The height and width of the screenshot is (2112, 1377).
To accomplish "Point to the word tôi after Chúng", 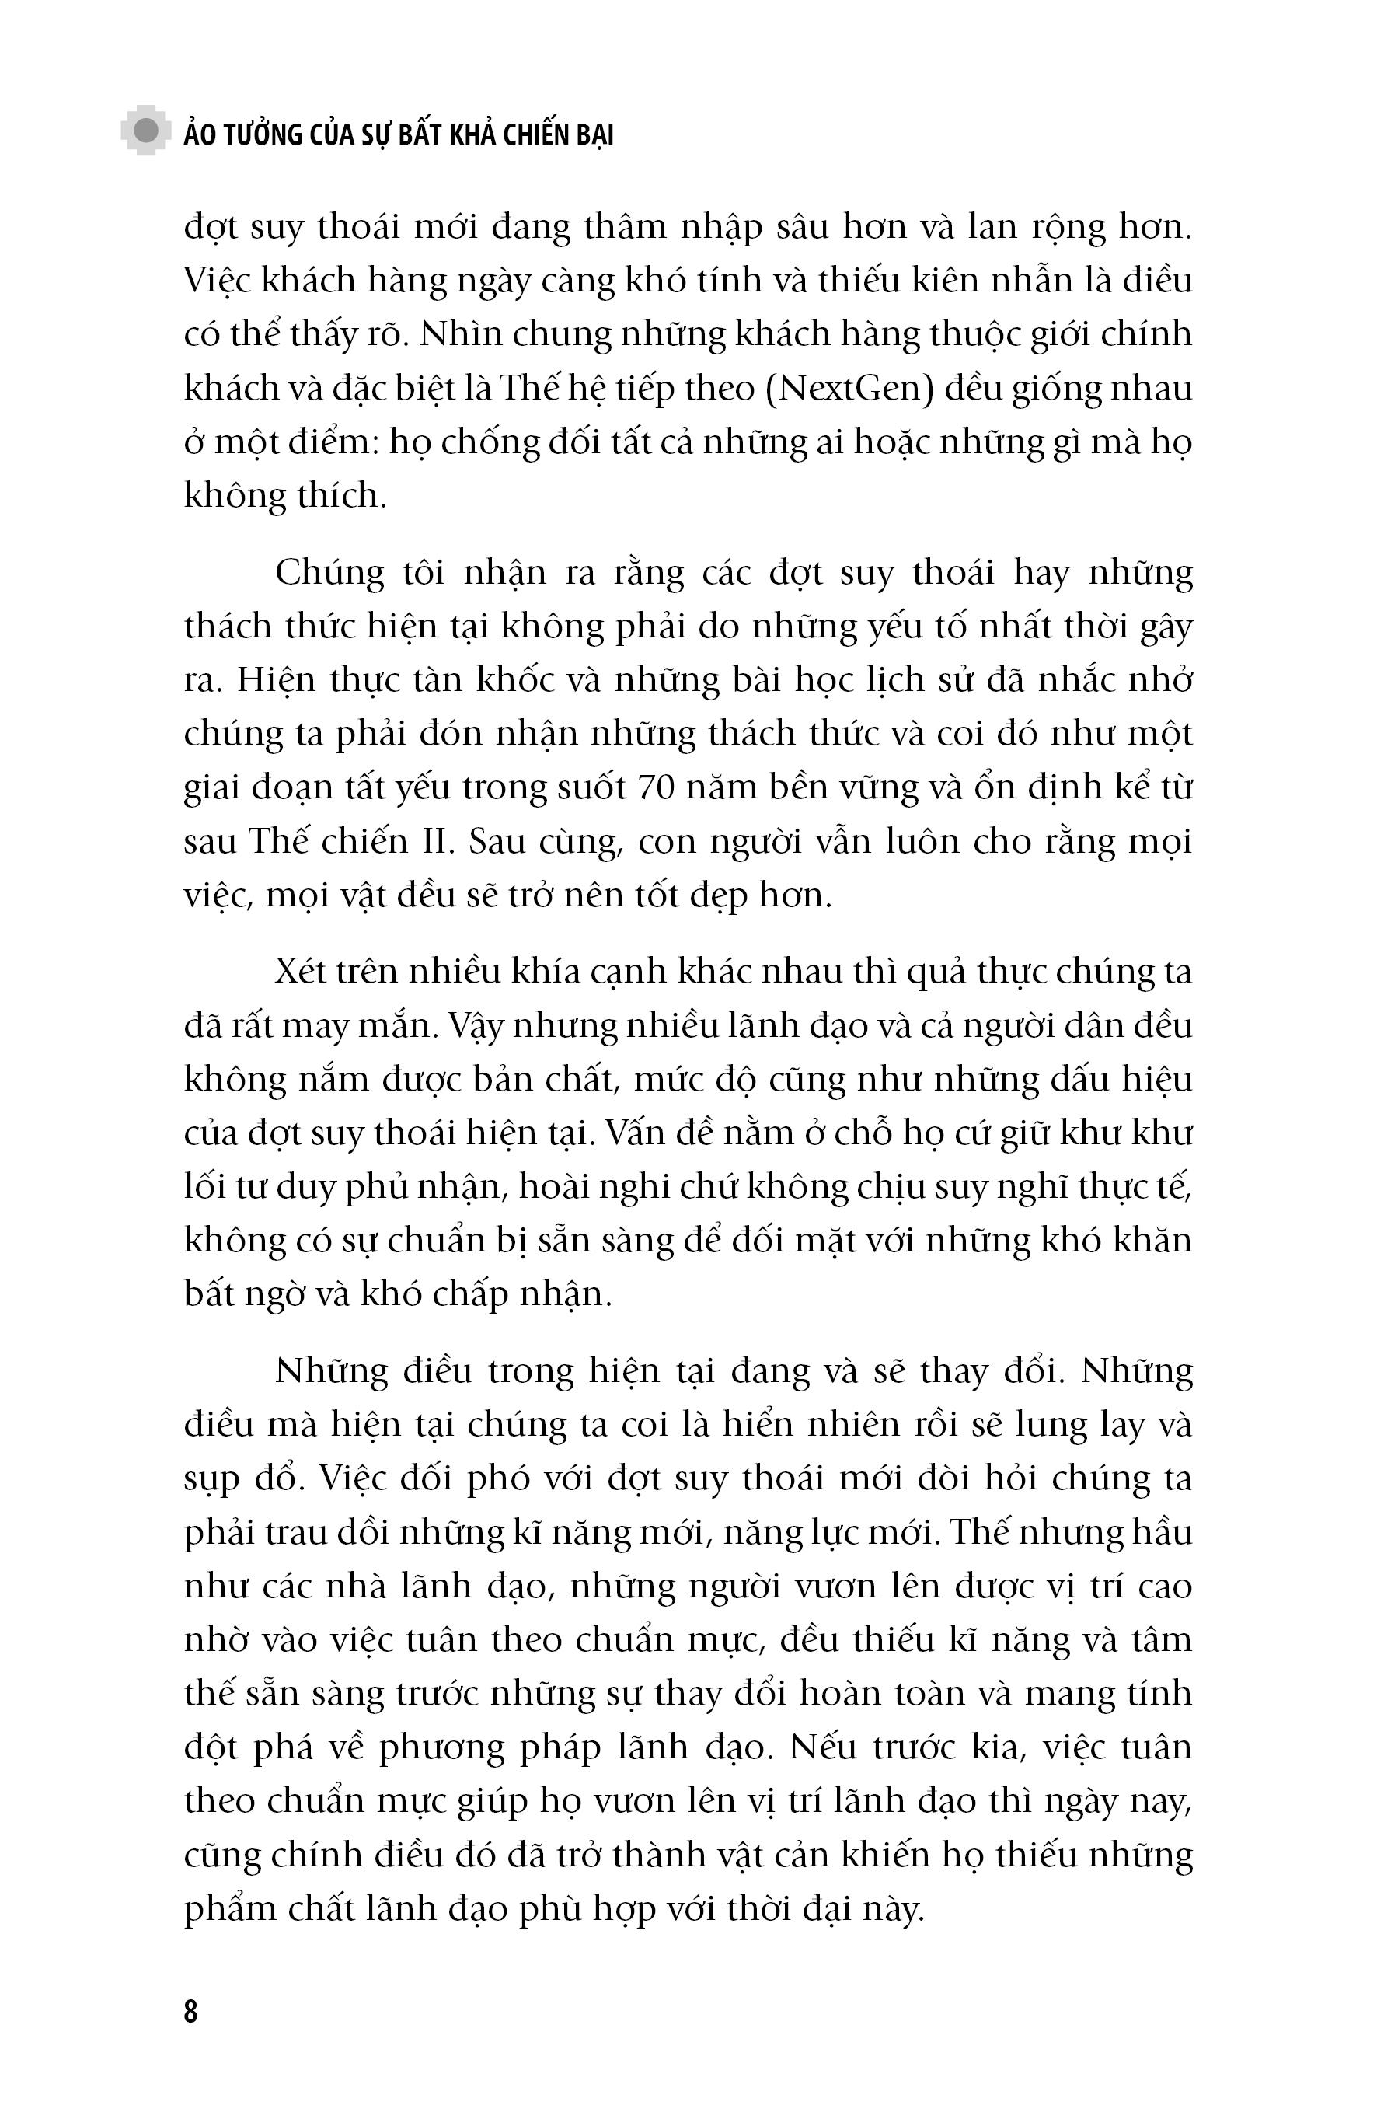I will pyautogui.click(x=424, y=573).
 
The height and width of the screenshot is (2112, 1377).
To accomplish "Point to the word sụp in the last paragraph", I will pyautogui.click(x=212, y=1480).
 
